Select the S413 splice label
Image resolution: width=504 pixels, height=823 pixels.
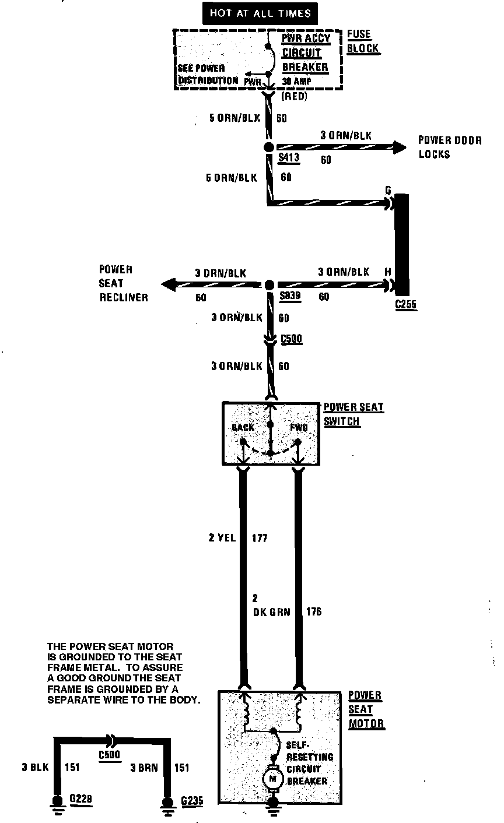tap(289, 157)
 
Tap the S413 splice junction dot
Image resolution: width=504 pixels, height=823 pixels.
tap(269, 147)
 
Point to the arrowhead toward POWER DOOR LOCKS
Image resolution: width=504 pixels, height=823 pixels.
tap(400, 147)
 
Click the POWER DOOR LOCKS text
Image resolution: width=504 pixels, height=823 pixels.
tap(450, 147)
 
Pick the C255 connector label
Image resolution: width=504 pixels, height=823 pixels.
tap(405, 304)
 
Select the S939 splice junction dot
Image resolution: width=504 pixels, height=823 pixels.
tap(269, 285)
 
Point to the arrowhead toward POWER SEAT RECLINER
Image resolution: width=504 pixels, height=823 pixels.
tap(169, 284)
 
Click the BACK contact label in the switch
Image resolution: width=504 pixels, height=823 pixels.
tap(243, 427)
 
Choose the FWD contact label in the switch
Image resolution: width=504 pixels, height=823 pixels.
tap(298, 427)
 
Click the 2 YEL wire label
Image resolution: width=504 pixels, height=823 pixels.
tap(222, 538)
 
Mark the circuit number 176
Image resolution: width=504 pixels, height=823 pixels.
tap(313, 611)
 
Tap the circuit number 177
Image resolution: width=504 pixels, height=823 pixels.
tap(259, 538)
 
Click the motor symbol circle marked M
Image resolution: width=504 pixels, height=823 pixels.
tap(272, 778)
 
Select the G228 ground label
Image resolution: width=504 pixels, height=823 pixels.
tap(80, 799)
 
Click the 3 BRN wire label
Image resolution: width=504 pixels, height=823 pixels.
tap(143, 768)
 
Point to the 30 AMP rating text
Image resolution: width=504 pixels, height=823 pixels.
tap(297, 81)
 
